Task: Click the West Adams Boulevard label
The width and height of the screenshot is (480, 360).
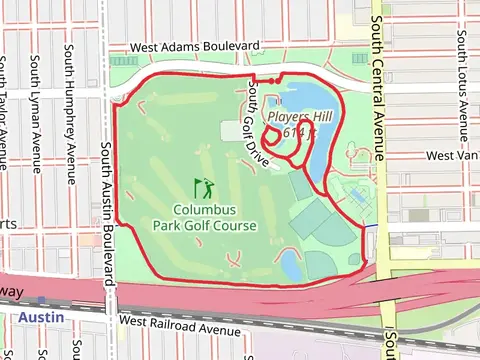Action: click(x=196, y=47)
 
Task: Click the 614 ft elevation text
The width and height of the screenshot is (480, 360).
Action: click(x=299, y=131)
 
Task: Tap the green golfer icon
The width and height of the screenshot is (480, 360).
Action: click(x=204, y=188)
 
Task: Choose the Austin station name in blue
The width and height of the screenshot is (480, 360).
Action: click(x=41, y=317)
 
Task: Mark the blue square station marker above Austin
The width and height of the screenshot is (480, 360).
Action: click(x=41, y=300)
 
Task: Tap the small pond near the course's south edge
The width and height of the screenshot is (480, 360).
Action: click(x=290, y=263)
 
